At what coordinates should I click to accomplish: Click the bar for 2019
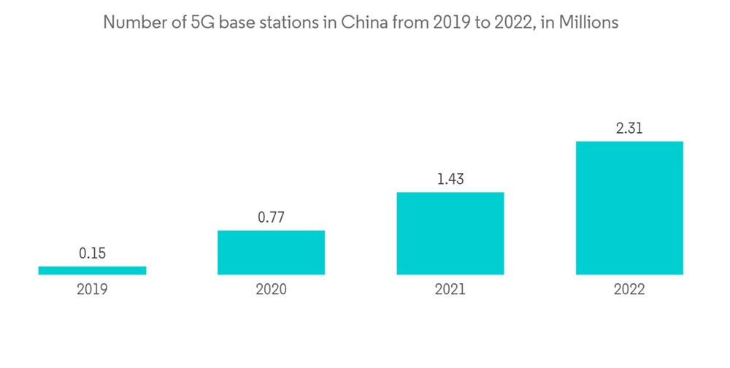tap(92, 270)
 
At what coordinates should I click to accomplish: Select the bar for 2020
tap(271, 253)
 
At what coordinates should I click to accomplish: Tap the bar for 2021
tap(450, 234)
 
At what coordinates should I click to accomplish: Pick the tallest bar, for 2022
tap(629, 208)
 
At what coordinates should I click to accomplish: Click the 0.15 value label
tap(92, 254)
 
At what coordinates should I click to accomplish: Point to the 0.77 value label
tap(271, 218)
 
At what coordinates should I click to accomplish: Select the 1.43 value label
tap(450, 180)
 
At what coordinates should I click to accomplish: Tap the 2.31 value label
tap(629, 129)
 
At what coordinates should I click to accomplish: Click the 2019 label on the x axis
tap(92, 289)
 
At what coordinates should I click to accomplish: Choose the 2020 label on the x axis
tap(271, 289)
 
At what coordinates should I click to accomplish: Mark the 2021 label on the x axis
tap(450, 289)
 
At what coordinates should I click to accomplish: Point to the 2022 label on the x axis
tap(629, 289)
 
